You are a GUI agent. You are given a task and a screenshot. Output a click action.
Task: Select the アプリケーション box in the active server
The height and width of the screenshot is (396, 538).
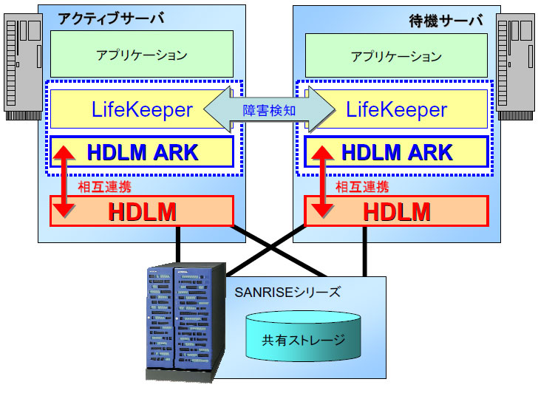click(x=141, y=55)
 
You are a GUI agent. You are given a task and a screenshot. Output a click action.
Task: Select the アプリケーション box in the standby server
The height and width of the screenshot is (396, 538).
click(x=396, y=56)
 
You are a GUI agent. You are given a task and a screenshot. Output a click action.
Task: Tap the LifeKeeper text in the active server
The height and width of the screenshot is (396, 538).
click(x=142, y=110)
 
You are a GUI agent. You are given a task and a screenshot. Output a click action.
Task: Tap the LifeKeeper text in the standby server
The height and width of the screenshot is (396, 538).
click(x=397, y=110)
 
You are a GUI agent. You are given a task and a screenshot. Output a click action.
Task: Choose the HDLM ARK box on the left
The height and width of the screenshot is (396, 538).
click(x=142, y=152)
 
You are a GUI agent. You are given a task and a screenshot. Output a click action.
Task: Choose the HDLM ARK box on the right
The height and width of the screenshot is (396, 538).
click(x=397, y=152)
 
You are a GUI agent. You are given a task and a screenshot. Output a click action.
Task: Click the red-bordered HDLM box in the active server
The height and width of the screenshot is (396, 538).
click(x=142, y=211)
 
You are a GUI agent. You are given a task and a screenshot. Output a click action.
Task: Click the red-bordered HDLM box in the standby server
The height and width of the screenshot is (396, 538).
click(x=397, y=211)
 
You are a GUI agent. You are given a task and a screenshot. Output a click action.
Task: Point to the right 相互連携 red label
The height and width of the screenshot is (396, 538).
click(x=362, y=186)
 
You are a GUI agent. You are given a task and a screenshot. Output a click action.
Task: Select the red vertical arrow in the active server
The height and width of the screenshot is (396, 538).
click(x=67, y=182)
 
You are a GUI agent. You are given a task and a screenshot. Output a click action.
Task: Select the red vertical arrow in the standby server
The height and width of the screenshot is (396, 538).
click(x=321, y=182)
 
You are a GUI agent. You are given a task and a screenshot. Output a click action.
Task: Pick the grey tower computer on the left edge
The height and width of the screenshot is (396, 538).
click(x=22, y=66)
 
